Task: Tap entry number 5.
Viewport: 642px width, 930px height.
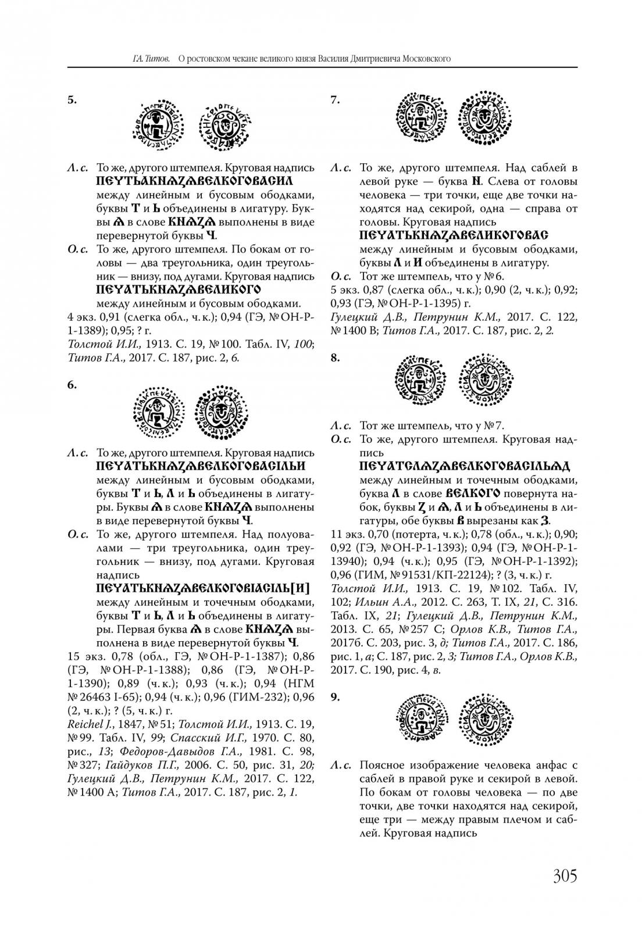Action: coord(72,99)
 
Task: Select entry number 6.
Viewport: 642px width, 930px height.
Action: coord(72,384)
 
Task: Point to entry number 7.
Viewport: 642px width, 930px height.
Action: coord(335,99)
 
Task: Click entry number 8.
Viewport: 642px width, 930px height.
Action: coord(335,357)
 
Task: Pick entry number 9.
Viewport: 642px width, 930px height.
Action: coord(335,696)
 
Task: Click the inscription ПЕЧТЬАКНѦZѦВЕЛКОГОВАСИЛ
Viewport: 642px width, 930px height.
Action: coord(194,181)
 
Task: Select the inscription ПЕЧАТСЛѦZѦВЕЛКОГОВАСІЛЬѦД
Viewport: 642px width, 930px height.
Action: coord(465,466)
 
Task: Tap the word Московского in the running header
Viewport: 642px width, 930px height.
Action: coord(418,59)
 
